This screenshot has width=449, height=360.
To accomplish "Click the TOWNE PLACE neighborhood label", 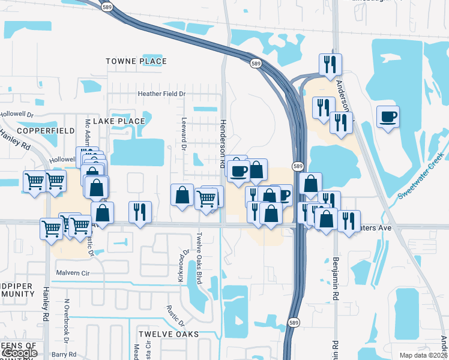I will click(136, 61).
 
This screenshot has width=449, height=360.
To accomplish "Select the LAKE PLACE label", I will click(119, 121).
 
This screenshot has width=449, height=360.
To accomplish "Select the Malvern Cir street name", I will click(72, 272).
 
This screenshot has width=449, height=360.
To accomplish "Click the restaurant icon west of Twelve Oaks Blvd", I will click(140, 212).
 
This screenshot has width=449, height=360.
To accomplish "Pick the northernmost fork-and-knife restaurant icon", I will click(330, 64).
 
